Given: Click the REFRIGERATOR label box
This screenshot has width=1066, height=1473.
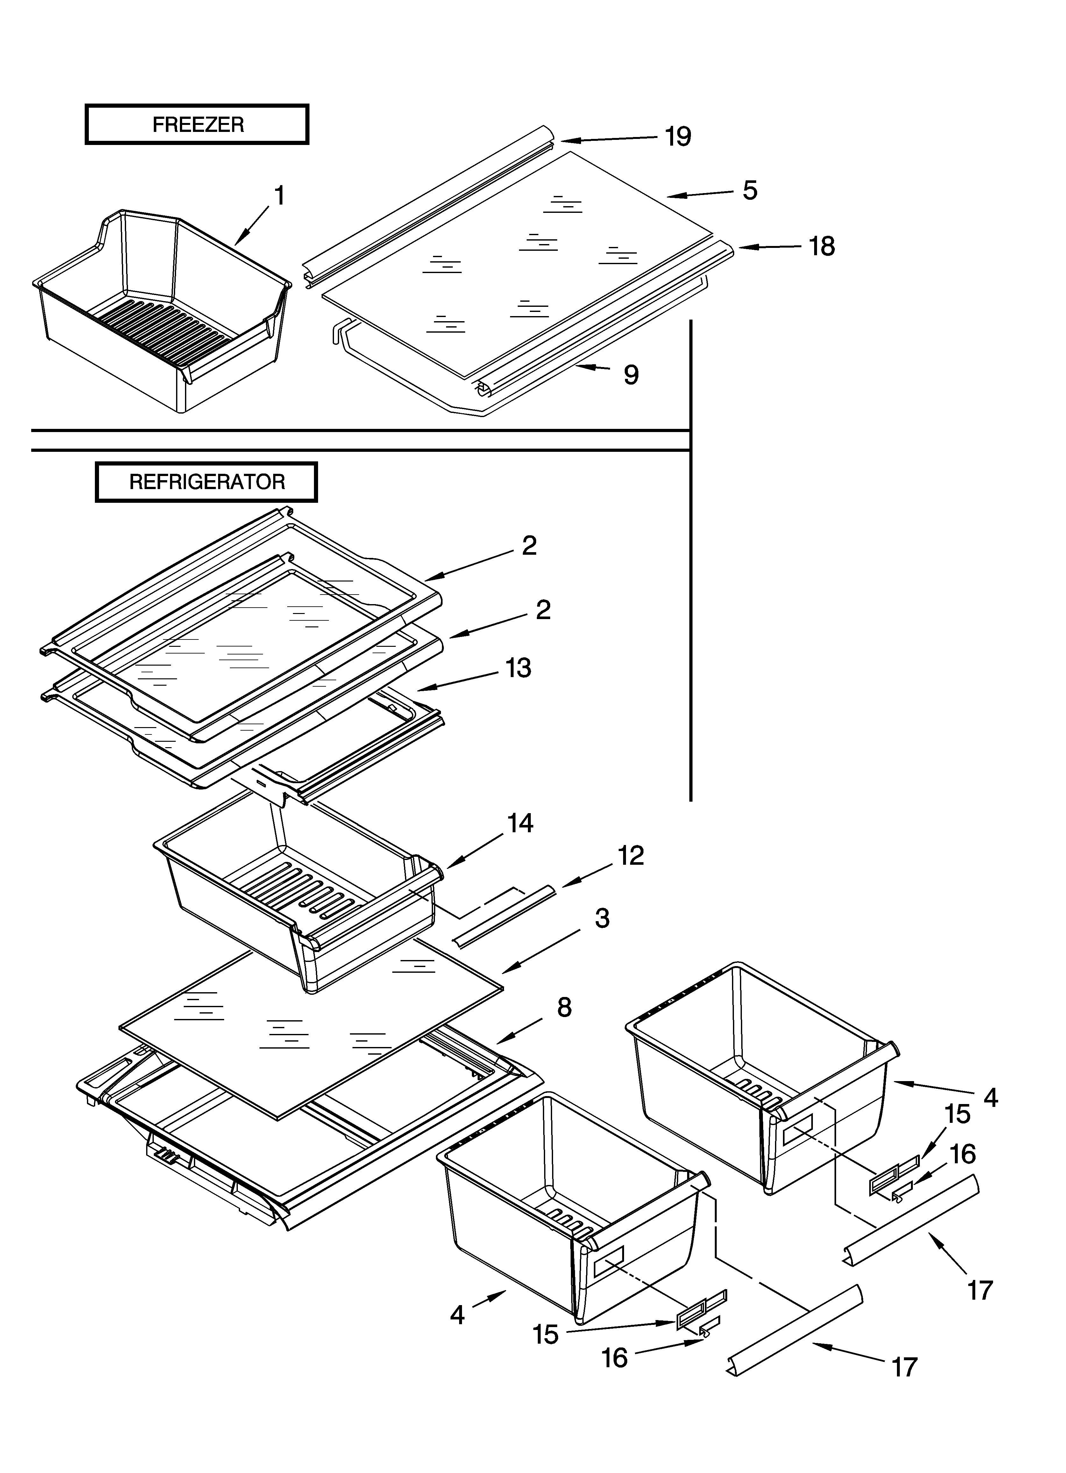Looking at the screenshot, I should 206,482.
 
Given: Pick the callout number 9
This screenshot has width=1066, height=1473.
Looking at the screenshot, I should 631,375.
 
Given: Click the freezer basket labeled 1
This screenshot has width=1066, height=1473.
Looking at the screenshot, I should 162,312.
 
